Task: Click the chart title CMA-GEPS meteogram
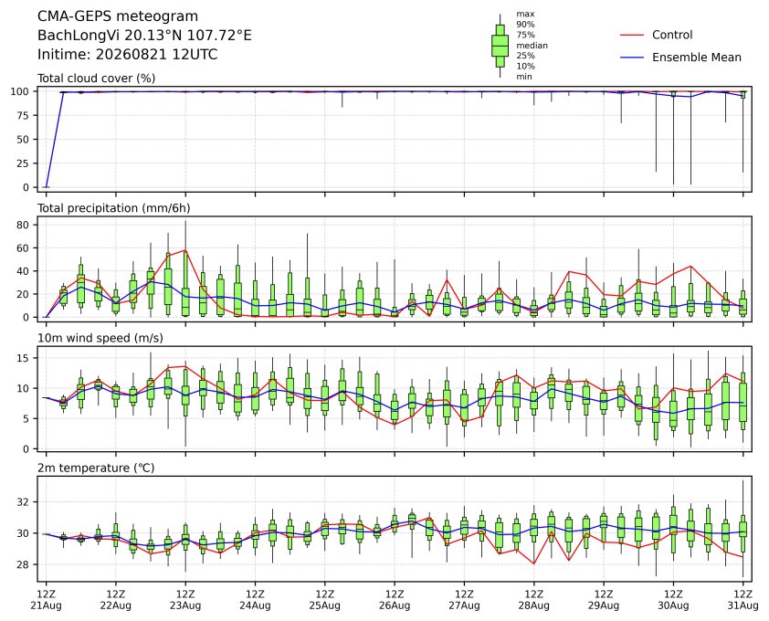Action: pos(118,16)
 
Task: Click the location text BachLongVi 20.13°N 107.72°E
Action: pos(144,36)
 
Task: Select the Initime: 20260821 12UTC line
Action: pos(128,54)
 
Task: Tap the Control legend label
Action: pos(672,35)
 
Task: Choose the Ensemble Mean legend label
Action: pos(697,58)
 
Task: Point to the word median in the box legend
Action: pos(532,45)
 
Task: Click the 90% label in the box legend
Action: pos(525,24)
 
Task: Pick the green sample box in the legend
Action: pos(500,46)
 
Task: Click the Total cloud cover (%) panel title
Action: pos(97,79)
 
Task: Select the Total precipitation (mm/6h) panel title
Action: pos(114,208)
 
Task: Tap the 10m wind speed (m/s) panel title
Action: pos(100,338)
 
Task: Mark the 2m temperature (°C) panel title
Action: pos(96,468)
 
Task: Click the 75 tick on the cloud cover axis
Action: pos(24,115)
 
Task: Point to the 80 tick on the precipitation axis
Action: pos(24,225)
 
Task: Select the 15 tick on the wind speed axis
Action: pos(24,358)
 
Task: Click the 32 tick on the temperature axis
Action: pos(24,501)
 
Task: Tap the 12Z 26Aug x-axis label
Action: pos(395,600)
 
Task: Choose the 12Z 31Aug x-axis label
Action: pos(743,600)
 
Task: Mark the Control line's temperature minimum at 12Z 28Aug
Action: pos(533,563)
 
